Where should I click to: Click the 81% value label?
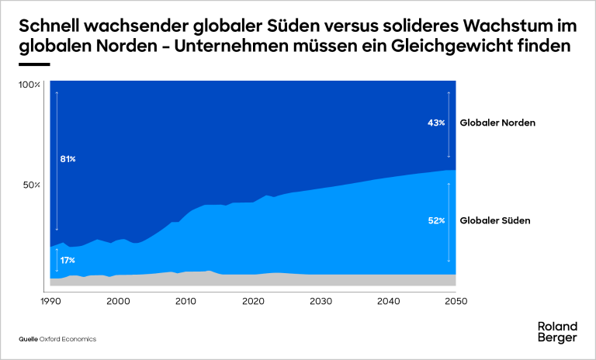68,159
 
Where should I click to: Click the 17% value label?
68,260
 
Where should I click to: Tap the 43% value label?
436,123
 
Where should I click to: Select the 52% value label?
436,221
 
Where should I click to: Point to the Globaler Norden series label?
498,123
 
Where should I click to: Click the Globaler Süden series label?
495,221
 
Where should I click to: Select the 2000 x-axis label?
118,301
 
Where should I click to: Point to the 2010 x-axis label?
185,301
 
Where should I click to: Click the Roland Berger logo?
557,331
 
